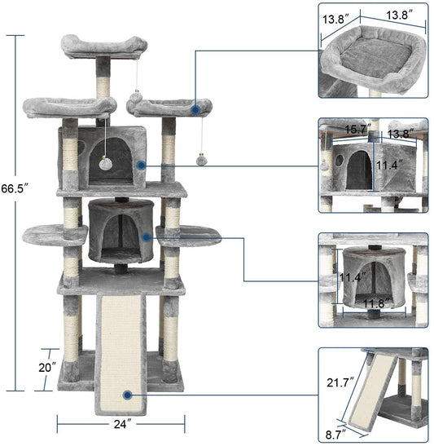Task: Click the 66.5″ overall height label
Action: click(x=15, y=188)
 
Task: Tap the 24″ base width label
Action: click(x=121, y=423)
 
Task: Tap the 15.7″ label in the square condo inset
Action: click(x=357, y=129)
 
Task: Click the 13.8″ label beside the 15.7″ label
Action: click(x=399, y=133)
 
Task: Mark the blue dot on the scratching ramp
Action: click(x=128, y=395)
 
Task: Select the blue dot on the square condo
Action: click(x=142, y=165)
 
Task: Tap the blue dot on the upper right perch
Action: click(x=195, y=108)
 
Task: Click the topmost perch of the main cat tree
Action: click(x=104, y=46)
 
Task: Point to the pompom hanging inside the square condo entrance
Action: click(x=107, y=164)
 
